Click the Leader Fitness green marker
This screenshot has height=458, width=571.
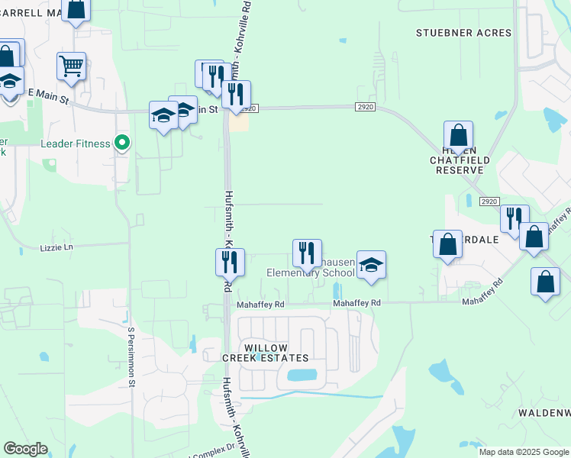(121, 142)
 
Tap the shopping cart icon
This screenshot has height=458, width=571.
(71, 66)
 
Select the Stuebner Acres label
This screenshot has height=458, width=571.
(453, 33)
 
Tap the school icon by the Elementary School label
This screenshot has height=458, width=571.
(371, 266)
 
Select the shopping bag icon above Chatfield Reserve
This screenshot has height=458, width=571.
(458, 136)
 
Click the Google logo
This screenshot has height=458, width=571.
(25, 449)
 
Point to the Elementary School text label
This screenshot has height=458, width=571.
(311, 273)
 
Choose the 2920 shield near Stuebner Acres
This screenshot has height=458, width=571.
(365, 108)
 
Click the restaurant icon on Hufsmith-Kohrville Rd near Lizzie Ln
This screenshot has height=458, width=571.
(230, 262)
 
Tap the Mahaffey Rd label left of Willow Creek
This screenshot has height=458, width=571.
(260, 304)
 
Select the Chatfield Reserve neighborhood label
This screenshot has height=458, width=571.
(459, 164)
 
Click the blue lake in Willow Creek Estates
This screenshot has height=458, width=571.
(302, 376)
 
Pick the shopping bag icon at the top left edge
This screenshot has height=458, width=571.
(76, 9)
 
